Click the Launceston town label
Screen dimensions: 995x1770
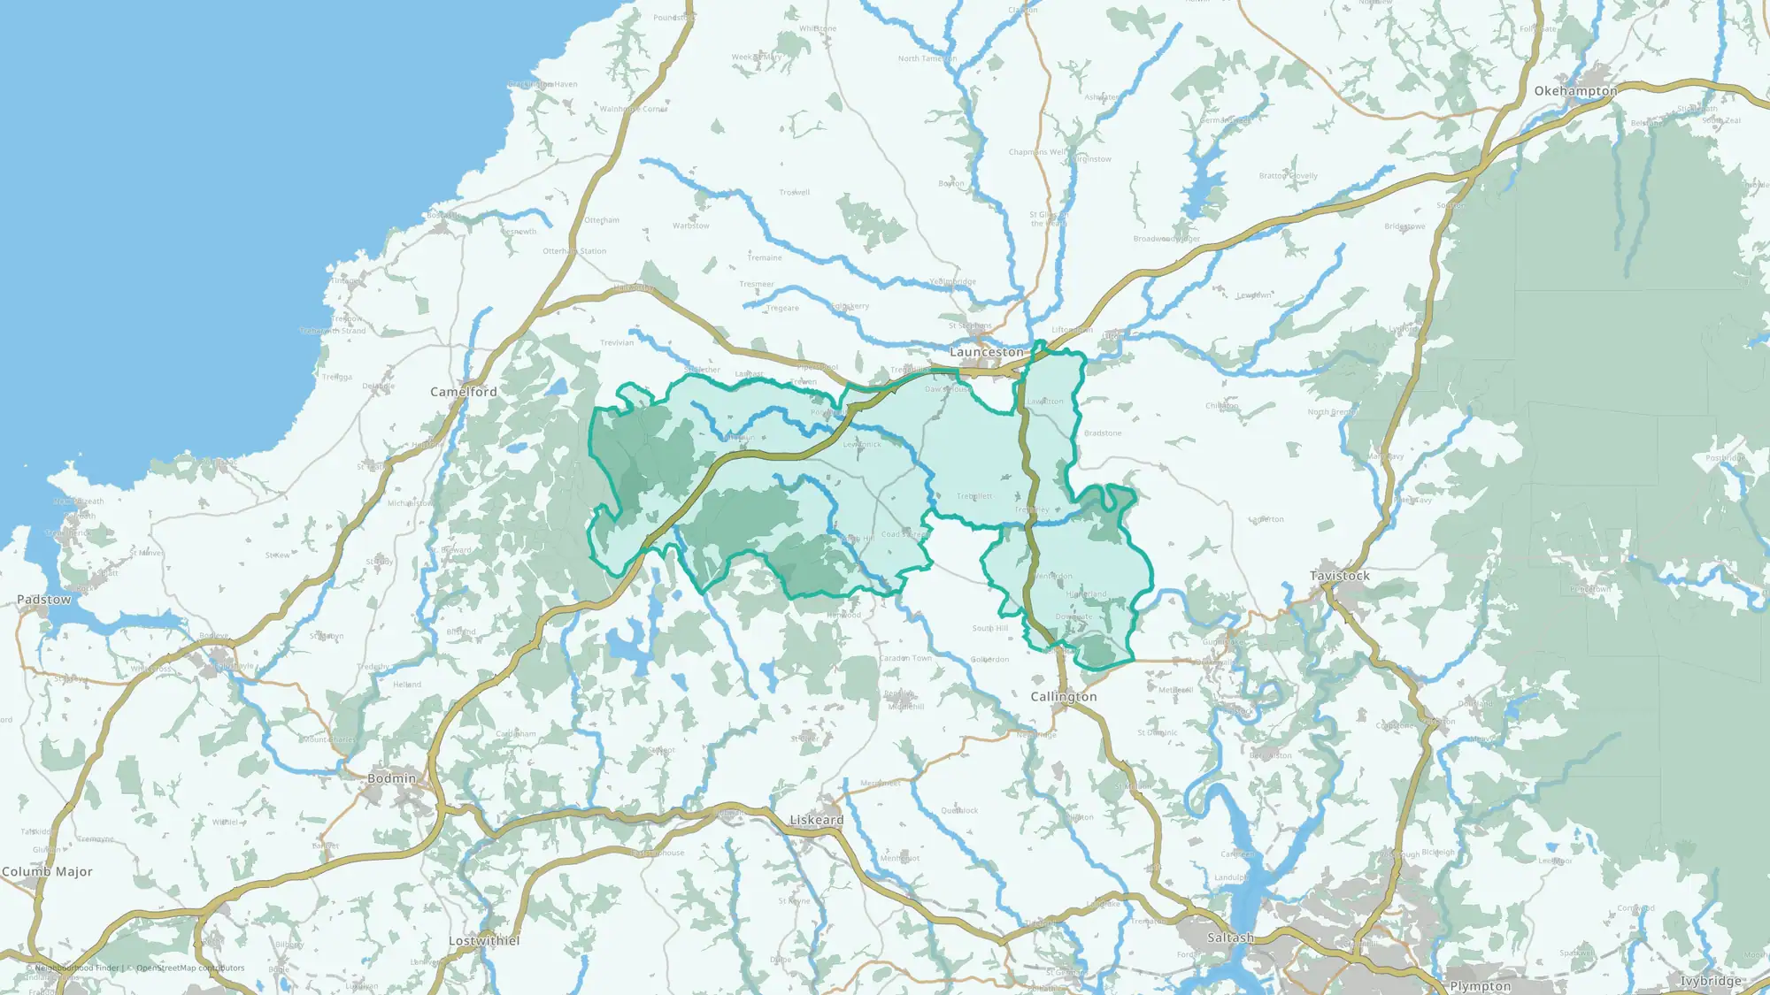tap(986, 352)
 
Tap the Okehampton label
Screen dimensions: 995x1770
tap(1575, 91)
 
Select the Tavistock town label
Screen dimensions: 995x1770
tap(1339, 576)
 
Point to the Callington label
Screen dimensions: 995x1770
tap(1063, 697)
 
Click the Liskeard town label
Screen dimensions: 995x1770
tap(816, 820)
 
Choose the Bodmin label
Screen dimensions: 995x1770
tap(391, 778)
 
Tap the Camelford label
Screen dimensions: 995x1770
tap(463, 392)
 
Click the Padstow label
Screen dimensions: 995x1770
tap(43, 600)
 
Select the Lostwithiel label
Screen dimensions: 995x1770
tap(484, 941)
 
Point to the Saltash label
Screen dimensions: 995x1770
tap(1230, 938)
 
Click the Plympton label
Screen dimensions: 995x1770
tap(1481, 986)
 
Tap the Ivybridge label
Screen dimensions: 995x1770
tap(1711, 981)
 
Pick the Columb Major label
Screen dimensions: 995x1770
tap(47, 872)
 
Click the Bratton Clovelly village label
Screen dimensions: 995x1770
tap(1288, 176)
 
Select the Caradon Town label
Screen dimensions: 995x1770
tap(905, 658)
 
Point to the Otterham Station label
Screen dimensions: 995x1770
tap(574, 251)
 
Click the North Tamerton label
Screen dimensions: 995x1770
tap(927, 58)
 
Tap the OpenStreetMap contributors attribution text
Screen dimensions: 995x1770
tap(190, 968)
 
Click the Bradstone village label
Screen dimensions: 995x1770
tap(1103, 433)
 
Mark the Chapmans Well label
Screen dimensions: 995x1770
tap(1037, 152)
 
